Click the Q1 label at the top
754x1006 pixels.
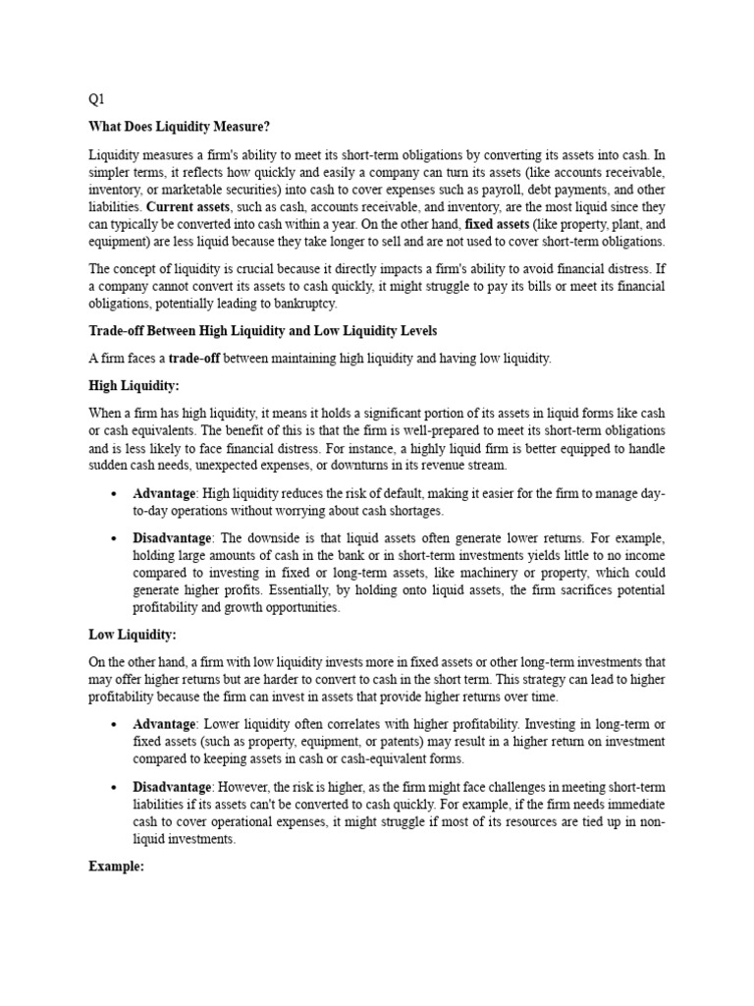click(x=96, y=98)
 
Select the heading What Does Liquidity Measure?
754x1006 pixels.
click(x=179, y=127)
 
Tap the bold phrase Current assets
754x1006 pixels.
click(x=188, y=206)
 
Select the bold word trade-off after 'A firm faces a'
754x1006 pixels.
click(x=194, y=360)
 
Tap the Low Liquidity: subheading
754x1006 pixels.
click(x=133, y=636)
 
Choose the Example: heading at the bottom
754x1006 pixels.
click(x=116, y=866)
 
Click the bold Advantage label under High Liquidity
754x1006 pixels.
click(x=163, y=493)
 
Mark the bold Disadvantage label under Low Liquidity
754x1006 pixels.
click(x=172, y=787)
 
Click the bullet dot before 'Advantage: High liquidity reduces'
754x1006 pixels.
click(x=116, y=493)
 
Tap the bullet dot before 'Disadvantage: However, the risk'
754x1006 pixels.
click(x=116, y=787)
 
